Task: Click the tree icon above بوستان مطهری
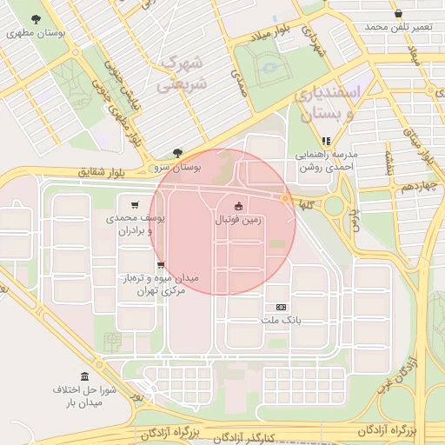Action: [36, 19]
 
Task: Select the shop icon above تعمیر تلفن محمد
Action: [398, 14]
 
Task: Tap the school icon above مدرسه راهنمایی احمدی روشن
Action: [326, 140]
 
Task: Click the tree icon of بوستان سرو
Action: [178, 152]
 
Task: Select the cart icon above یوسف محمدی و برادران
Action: [134, 204]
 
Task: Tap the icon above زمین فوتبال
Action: [239, 206]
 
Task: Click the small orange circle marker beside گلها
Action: [285, 199]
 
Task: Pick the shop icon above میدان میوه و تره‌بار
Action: [160, 265]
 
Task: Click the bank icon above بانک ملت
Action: [280, 307]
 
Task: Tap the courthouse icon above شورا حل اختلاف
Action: [84, 376]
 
